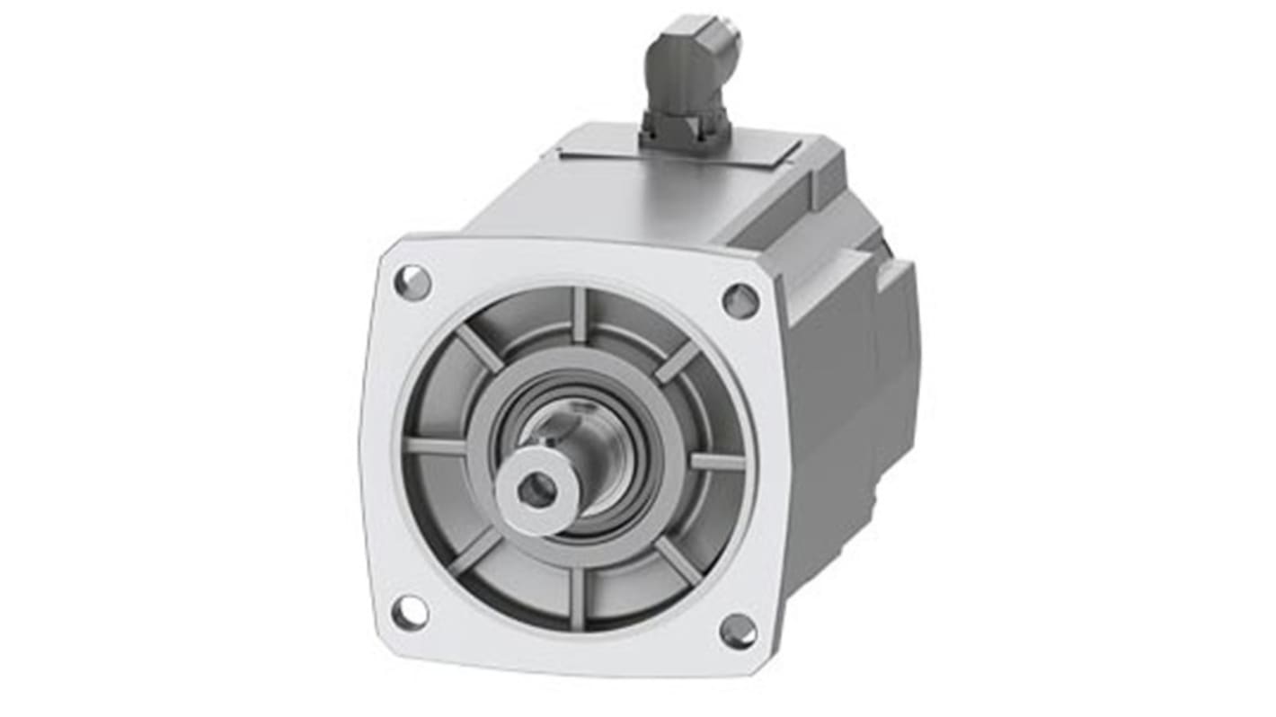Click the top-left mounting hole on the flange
(x=412, y=283)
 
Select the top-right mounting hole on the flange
(x=740, y=301)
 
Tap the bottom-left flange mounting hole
(x=410, y=612)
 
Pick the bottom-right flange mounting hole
(x=738, y=631)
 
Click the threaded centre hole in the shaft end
(x=537, y=489)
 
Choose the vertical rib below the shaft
(x=577, y=596)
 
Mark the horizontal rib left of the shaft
(x=435, y=446)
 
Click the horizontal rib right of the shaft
(x=717, y=461)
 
